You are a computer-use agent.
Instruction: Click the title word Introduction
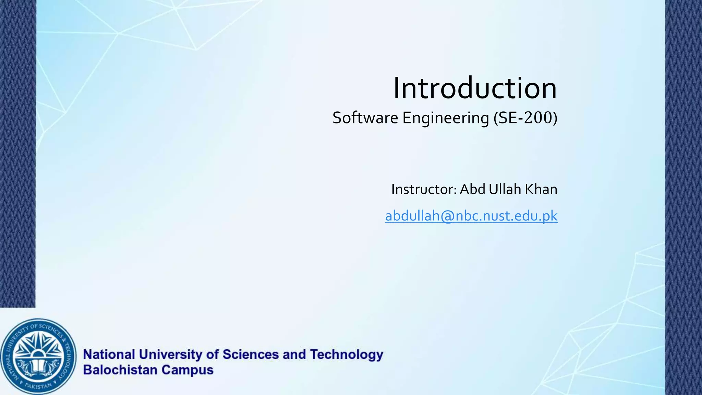pos(475,88)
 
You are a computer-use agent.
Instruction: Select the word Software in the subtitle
pos(365,118)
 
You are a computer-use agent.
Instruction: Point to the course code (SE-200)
pos(525,118)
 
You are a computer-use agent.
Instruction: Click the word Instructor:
pos(424,189)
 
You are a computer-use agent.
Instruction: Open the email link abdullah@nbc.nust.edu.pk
pos(471,216)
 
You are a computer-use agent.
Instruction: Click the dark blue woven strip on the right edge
pos(683,197)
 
